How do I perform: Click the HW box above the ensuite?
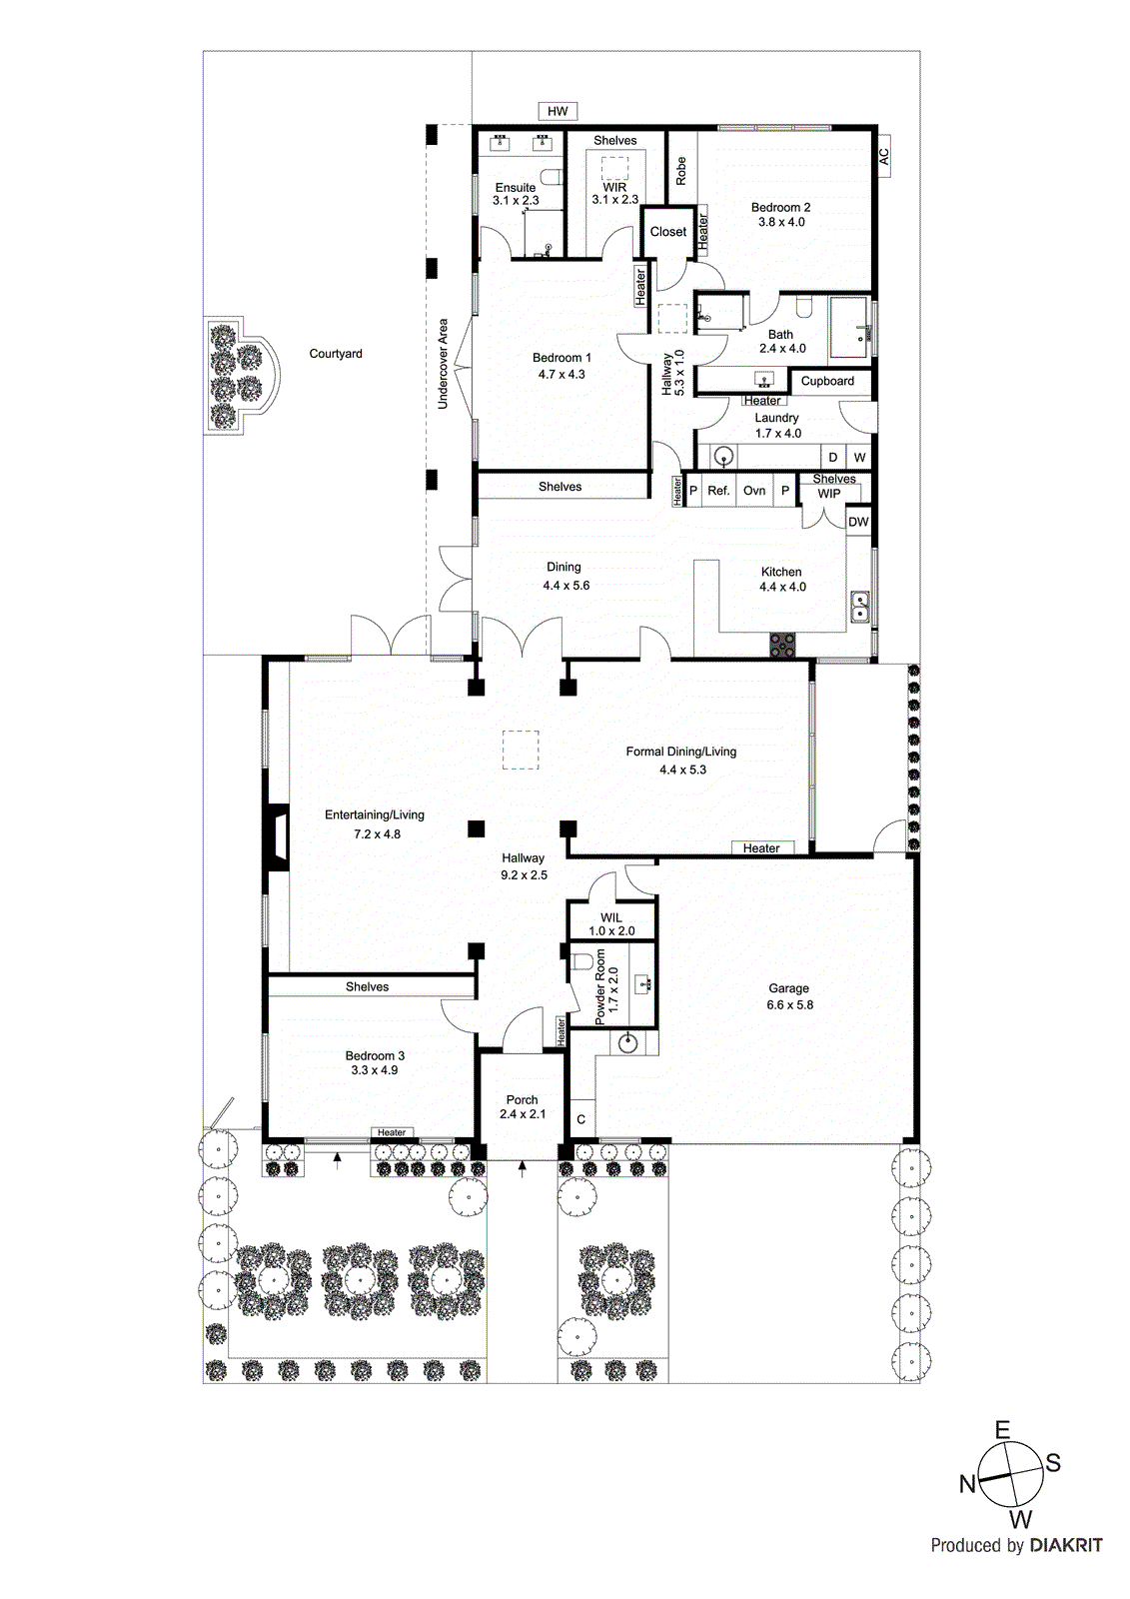click(558, 111)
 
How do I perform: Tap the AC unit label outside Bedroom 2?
click(883, 156)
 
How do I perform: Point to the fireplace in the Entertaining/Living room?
click(276, 835)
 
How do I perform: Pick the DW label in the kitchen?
click(858, 522)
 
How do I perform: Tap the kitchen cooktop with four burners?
click(782, 645)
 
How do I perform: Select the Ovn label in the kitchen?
click(754, 491)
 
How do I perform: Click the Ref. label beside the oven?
click(718, 491)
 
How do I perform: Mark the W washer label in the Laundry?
click(859, 458)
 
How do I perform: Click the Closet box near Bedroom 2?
click(668, 232)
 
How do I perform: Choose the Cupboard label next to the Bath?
click(827, 381)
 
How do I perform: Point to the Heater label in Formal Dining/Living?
click(761, 848)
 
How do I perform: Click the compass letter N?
click(967, 1483)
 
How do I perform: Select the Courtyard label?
click(336, 354)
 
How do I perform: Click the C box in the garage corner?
click(580, 1119)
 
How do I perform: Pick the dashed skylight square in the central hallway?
click(521, 750)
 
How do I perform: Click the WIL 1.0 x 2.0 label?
click(611, 923)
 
